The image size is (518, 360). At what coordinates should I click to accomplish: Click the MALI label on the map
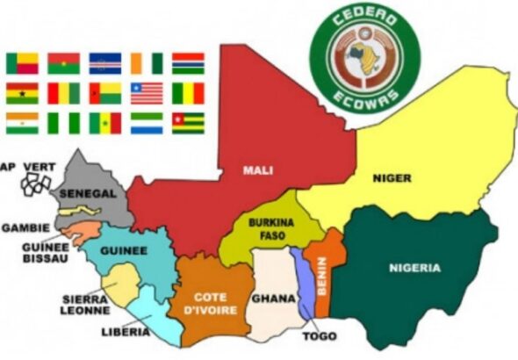[258, 170]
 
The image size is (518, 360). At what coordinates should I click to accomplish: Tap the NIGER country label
[392, 178]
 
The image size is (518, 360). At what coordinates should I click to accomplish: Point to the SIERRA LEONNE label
[85, 304]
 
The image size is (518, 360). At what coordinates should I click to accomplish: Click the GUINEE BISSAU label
[44, 253]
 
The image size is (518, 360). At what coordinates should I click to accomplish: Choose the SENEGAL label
[84, 192]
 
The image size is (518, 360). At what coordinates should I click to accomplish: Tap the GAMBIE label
[25, 227]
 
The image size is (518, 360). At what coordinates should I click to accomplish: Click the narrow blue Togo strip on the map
[302, 281]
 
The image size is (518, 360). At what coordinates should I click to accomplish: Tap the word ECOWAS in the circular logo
[363, 93]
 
